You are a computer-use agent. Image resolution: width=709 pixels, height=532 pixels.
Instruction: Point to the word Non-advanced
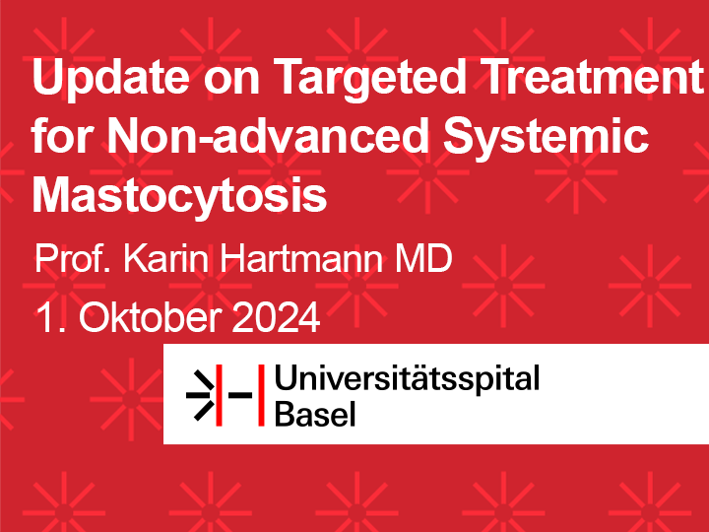pyautogui.click(x=268, y=136)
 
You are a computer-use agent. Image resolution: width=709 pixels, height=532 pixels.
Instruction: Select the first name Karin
pyautogui.click(x=166, y=258)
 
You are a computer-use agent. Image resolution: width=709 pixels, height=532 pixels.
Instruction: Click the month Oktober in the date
pyautogui.click(x=151, y=317)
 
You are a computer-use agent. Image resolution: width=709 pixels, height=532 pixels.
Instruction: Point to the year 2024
pyautogui.click(x=276, y=317)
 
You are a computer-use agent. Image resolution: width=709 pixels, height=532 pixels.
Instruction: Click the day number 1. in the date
pyautogui.click(x=51, y=318)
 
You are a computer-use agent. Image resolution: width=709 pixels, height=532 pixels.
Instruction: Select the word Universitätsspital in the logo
pyautogui.click(x=407, y=378)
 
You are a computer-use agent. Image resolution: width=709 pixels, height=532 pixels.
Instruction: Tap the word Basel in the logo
pyautogui.click(x=315, y=414)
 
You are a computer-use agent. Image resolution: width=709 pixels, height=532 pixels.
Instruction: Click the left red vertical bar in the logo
pyautogui.click(x=219, y=395)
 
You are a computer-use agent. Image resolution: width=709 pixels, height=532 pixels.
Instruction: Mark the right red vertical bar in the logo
pyautogui.click(x=261, y=395)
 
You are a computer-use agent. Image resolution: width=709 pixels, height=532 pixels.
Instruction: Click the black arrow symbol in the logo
pyautogui.click(x=200, y=395)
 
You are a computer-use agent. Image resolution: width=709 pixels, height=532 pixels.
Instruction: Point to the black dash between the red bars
pyautogui.click(x=239, y=395)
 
